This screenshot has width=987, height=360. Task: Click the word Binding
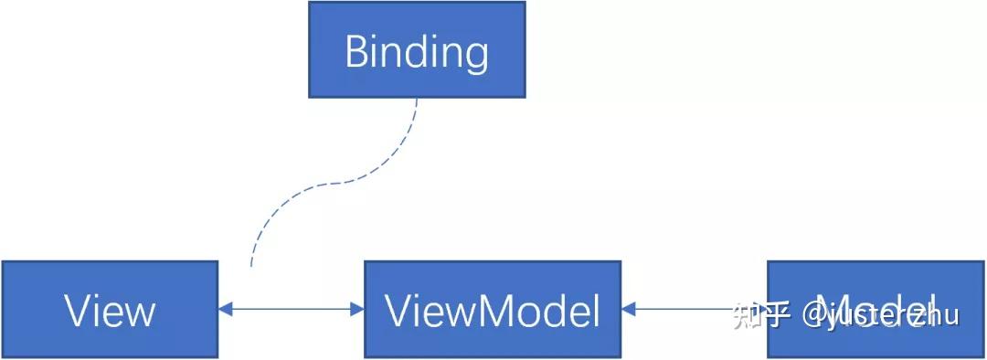click(417, 51)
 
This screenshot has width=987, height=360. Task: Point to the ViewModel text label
click(493, 311)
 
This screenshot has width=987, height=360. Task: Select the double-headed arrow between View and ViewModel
click(291, 309)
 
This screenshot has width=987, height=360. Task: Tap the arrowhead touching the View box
click(225, 309)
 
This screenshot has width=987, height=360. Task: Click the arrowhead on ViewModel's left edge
click(357, 309)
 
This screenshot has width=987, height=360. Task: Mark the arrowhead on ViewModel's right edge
click(629, 309)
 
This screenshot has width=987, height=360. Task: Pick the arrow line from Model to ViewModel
click(695, 309)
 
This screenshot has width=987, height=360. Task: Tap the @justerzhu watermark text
click(881, 315)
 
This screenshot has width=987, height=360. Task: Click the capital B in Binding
click(357, 51)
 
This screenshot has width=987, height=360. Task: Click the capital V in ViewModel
click(399, 311)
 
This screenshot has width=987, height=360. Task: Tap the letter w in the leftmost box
click(137, 313)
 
